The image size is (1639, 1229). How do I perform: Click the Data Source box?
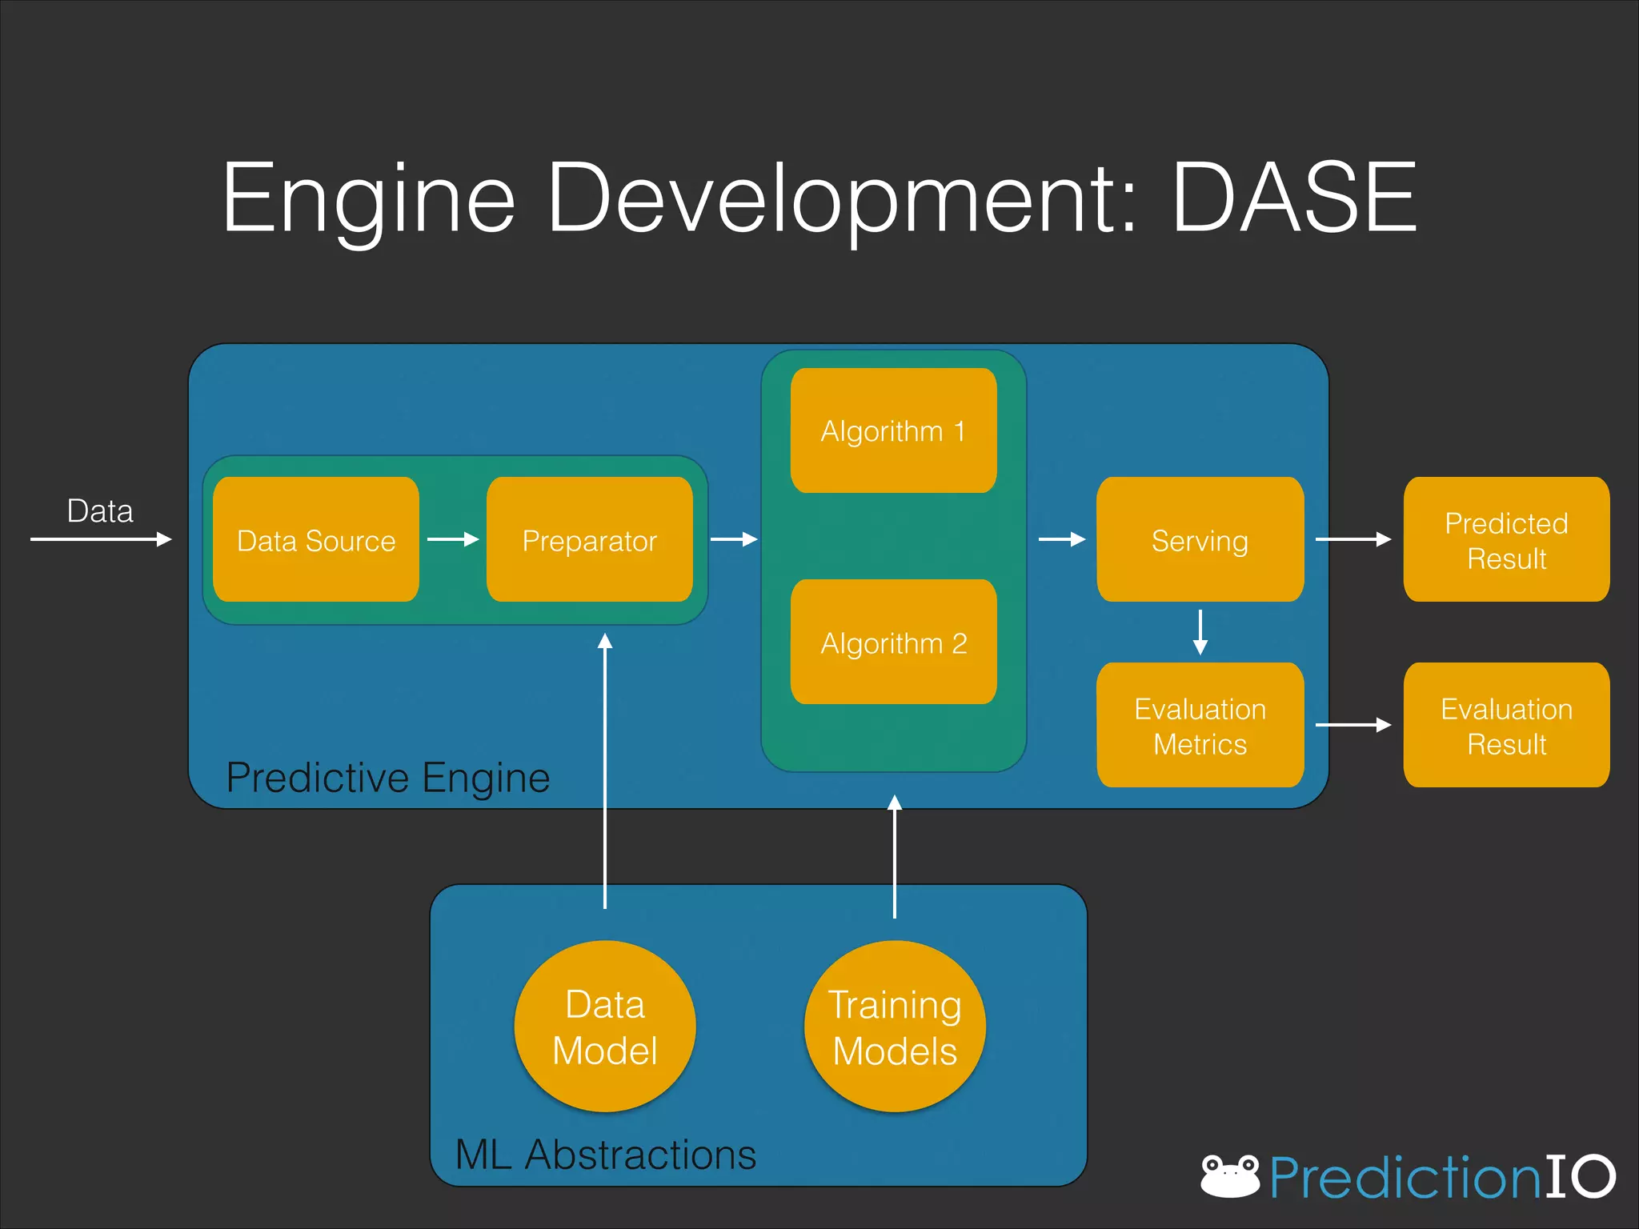coord(316,540)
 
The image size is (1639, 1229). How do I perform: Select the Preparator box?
coord(590,540)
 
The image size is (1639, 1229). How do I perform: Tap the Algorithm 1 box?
coord(894,430)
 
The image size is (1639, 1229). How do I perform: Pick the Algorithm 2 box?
coord(894,642)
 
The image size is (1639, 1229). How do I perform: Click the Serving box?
coord(1200,540)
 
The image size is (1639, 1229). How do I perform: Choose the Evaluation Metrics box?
coord(1200,725)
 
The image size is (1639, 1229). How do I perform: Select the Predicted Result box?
coord(1506,540)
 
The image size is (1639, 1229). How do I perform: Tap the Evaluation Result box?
coord(1506,725)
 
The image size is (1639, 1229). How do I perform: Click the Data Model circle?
coord(605,1027)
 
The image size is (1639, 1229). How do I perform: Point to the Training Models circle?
coord(895,1027)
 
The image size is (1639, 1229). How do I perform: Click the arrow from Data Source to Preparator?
coord(453,539)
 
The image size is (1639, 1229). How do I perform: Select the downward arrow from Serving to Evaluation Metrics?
coord(1200,632)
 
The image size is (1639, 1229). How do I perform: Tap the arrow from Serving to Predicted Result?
coord(1353,539)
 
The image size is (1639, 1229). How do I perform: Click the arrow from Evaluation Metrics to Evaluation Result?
coord(1353,725)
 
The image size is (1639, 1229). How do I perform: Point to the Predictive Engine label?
coord(388,778)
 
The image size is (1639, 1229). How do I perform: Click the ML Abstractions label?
coord(606,1154)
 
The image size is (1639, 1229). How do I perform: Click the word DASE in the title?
coord(1294,198)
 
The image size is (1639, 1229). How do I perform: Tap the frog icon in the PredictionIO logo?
coord(1230,1175)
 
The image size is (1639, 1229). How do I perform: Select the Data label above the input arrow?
coord(100,510)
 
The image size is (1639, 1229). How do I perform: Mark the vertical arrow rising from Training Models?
coord(895,856)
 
